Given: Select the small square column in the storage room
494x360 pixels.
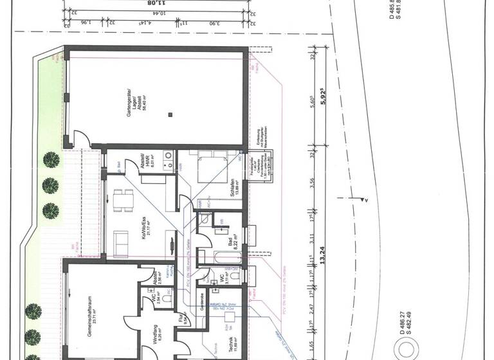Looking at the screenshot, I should pyautogui.click(x=170, y=114).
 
